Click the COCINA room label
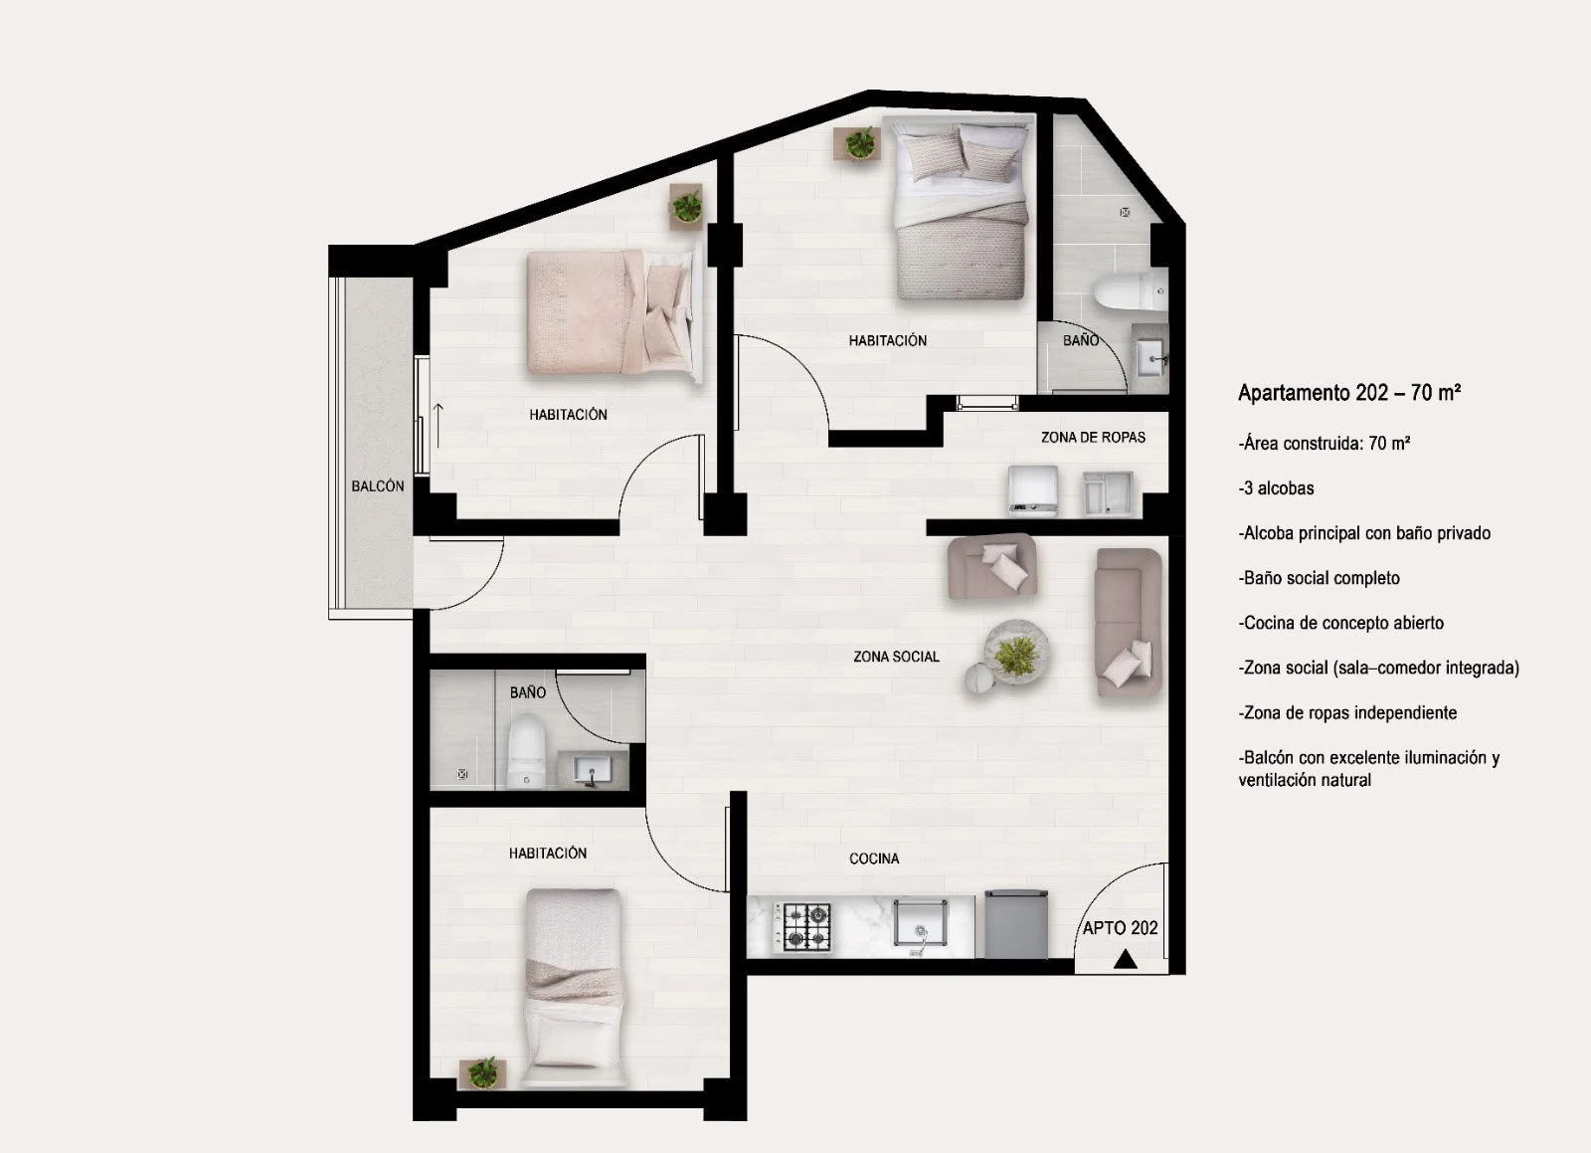[874, 859]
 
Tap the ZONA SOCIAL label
[896, 657]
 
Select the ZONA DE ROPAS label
[1093, 437]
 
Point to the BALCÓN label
[377, 485]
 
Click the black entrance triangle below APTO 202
[1125, 960]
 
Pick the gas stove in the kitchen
[801, 926]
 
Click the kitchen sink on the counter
[920, 924]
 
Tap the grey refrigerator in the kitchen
[1015, 923]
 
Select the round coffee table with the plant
[1015, 653]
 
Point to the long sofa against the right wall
[1128, 622]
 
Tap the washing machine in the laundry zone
[1033, 489]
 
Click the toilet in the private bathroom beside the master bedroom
[1130, 291]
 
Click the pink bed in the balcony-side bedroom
[611, 311]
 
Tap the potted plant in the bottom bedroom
[483, 1072]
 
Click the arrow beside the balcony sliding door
[439, 426]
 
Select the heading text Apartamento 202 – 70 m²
[1348, 393]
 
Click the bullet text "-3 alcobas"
[1276, 488]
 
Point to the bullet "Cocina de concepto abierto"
[1341, 623]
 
